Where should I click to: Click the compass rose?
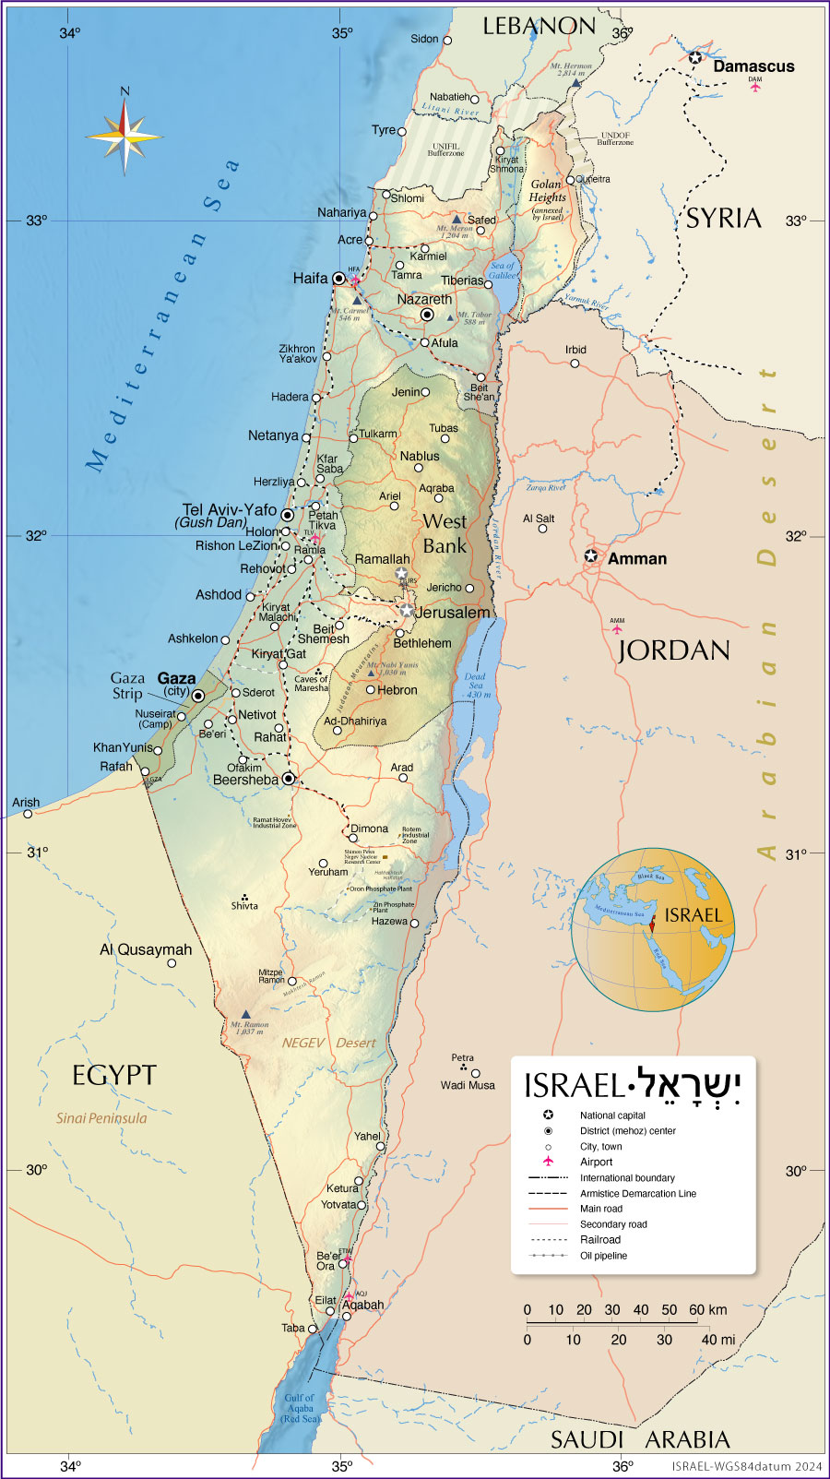pos(125,136)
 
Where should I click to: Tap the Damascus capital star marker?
pos(695,57)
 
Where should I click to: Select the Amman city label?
pos(636,559)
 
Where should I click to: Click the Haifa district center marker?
pos(339,278)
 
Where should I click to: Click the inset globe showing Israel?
pos(652,929)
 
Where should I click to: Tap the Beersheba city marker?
pos(289,779)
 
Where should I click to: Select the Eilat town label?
pos(326,1300)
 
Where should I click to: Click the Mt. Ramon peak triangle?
pos(245,1014)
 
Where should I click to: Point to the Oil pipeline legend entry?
pos(603,1256)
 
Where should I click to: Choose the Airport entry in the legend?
pos(596,1162)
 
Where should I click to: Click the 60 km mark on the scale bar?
pos(698,1310)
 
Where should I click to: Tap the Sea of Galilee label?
pos(503,270)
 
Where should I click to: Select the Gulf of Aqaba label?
pos(300,1408)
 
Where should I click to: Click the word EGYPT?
pos(114,1075)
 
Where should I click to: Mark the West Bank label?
pos(445,533)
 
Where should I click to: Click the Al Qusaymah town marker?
pos(172,963)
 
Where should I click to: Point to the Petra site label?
pos(463,1058)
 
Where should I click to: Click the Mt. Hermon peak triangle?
pos(576,83)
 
